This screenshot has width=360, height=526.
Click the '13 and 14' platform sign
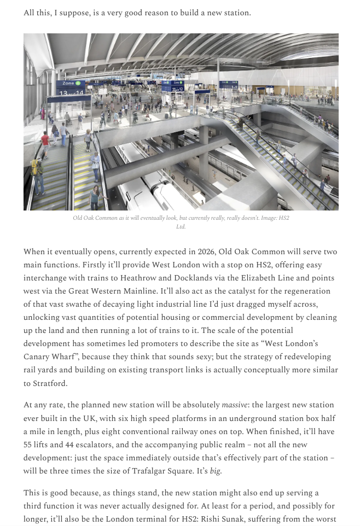coord(72,92)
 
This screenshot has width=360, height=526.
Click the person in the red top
coord(45,141)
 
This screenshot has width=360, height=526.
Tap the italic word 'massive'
coord(234,405)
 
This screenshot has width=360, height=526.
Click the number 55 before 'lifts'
coord(28,445)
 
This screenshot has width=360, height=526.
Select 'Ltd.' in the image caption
coord(181,226)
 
